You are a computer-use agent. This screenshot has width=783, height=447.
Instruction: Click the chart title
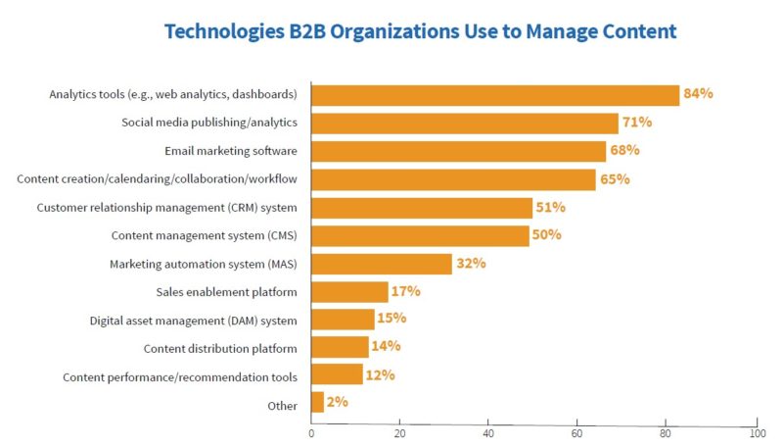pyautogui.click(x=420, y=31)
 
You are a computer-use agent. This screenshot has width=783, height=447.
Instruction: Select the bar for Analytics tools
pyautogui.click(x=495, y=95)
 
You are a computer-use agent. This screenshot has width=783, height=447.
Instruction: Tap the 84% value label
pyautogui.click(x=699, y=94)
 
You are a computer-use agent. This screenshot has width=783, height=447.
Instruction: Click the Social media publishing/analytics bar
pyautogui.click(x=465, y=123)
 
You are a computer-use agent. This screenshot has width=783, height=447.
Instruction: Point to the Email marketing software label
pyautogui.click(x=232, y=151)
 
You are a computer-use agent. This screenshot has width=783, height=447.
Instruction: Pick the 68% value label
pyautogui.click(x=624, y=151)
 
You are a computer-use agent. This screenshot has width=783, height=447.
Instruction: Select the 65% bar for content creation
pyautogui.click(x=453, y=179)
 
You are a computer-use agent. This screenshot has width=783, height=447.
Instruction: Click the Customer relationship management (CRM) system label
pyautogui.click(x=167, y=208)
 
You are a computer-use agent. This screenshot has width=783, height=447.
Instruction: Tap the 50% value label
pyautogui.click(x=546, y=235)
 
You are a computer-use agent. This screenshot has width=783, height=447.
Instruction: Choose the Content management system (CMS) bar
pyautogui.click(x=420, y=235)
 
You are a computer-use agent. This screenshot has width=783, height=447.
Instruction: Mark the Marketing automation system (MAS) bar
pyautogui.click(x=382, y=264)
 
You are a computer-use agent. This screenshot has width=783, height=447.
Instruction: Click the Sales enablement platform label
pyautogui.click(x=227, y=292)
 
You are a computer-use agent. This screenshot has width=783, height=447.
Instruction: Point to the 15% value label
pyautogui.click(x=392, y=319)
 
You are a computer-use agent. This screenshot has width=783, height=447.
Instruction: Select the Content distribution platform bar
pyautogui.click(x=340, y=347)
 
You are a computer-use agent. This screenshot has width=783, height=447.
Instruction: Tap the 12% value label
pyautogui.click(x=380, y=375)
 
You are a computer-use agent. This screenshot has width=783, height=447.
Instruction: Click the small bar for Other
pyautogui.click(x=317, y=402)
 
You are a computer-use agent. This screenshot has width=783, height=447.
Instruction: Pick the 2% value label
pyautogui.click(x=337, y=402)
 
